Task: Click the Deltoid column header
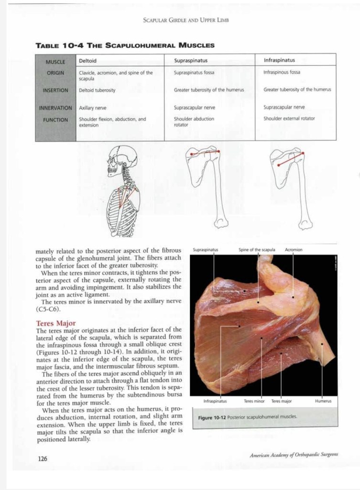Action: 87,61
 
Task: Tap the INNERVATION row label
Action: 55,108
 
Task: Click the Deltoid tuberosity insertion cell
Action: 97,90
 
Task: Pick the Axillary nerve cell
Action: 92,108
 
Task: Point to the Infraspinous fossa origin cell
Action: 282,72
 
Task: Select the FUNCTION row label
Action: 56,120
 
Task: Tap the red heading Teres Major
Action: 56,323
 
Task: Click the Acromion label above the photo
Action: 293,250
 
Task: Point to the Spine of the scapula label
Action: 257,250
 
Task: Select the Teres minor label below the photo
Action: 254,401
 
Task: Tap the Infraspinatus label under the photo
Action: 215,401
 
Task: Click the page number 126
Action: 43,458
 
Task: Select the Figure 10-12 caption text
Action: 247,417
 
